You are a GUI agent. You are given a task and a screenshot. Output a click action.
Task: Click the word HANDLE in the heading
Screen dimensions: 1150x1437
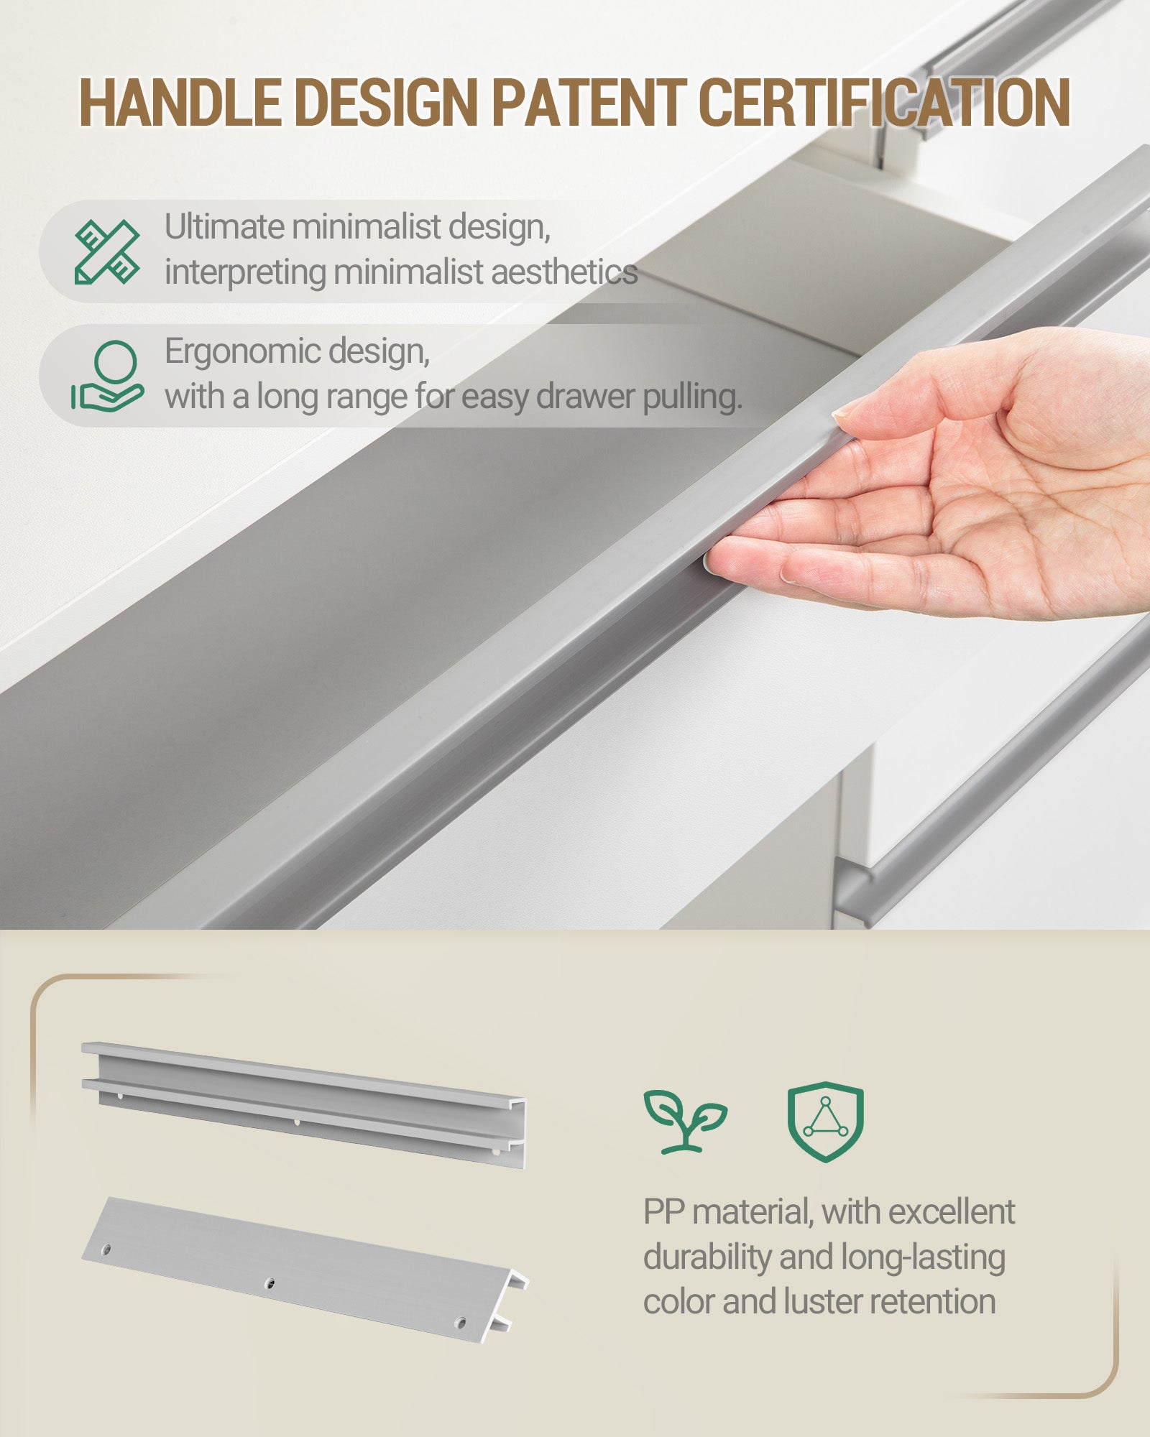(180, 102)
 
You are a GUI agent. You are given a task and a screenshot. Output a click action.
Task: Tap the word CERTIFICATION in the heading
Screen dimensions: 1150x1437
(885, 102)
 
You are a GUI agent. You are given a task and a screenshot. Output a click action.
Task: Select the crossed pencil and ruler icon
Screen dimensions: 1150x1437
(107, 251)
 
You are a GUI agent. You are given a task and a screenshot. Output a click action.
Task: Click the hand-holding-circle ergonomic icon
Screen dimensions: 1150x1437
(107, 376)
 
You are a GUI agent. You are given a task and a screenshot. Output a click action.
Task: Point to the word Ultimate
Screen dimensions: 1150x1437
(225, 227)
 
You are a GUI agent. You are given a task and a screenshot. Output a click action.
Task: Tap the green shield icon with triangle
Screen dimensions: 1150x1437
(825, 1122)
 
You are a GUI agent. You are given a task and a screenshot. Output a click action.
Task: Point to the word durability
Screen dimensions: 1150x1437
(707, 1257)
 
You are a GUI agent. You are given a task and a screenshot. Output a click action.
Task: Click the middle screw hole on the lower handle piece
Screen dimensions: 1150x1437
(270, 1283)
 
